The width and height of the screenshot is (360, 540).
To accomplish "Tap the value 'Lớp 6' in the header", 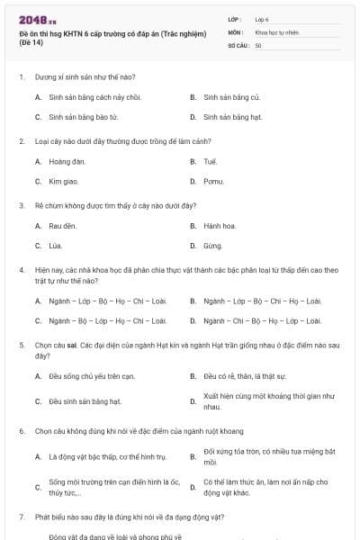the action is (262, 18).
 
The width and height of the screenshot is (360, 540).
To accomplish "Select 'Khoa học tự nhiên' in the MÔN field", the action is (276, 31).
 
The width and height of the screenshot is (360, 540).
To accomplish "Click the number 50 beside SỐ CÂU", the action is (258, 45).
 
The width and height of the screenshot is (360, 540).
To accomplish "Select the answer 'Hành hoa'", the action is (219, 225).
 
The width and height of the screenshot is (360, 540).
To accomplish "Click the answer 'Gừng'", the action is (212, 245).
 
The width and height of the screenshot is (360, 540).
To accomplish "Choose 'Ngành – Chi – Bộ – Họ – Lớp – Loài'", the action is (262, 319).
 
